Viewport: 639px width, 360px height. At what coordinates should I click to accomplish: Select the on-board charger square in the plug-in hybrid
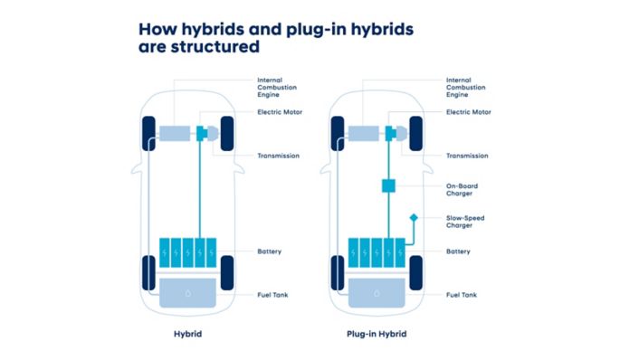point(389,186)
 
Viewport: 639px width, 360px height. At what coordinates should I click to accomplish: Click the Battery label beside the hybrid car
point(272,251)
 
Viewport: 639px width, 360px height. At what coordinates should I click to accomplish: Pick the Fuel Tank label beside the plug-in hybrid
point(462,294)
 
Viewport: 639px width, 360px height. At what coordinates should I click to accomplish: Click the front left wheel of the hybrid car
point(147,134)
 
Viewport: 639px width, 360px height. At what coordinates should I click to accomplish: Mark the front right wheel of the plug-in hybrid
point(415,134)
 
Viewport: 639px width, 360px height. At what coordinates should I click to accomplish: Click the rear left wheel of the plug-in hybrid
point(336,272)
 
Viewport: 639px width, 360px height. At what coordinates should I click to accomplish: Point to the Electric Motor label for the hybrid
point(279,112)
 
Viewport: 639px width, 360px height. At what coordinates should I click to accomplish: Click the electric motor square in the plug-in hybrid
point(390,134)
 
